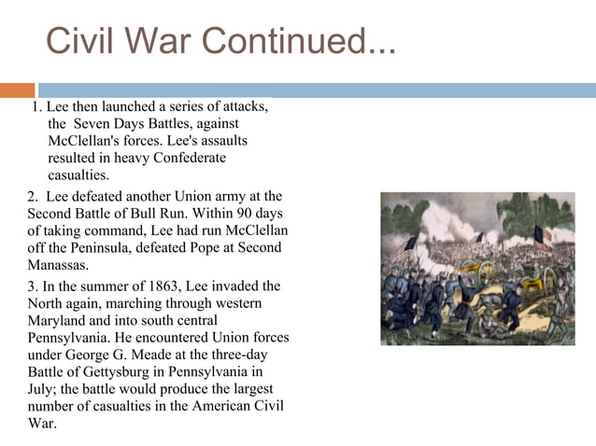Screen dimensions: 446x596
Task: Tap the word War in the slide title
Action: [165, 41]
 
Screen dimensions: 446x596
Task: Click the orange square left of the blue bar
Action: [17, 91]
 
